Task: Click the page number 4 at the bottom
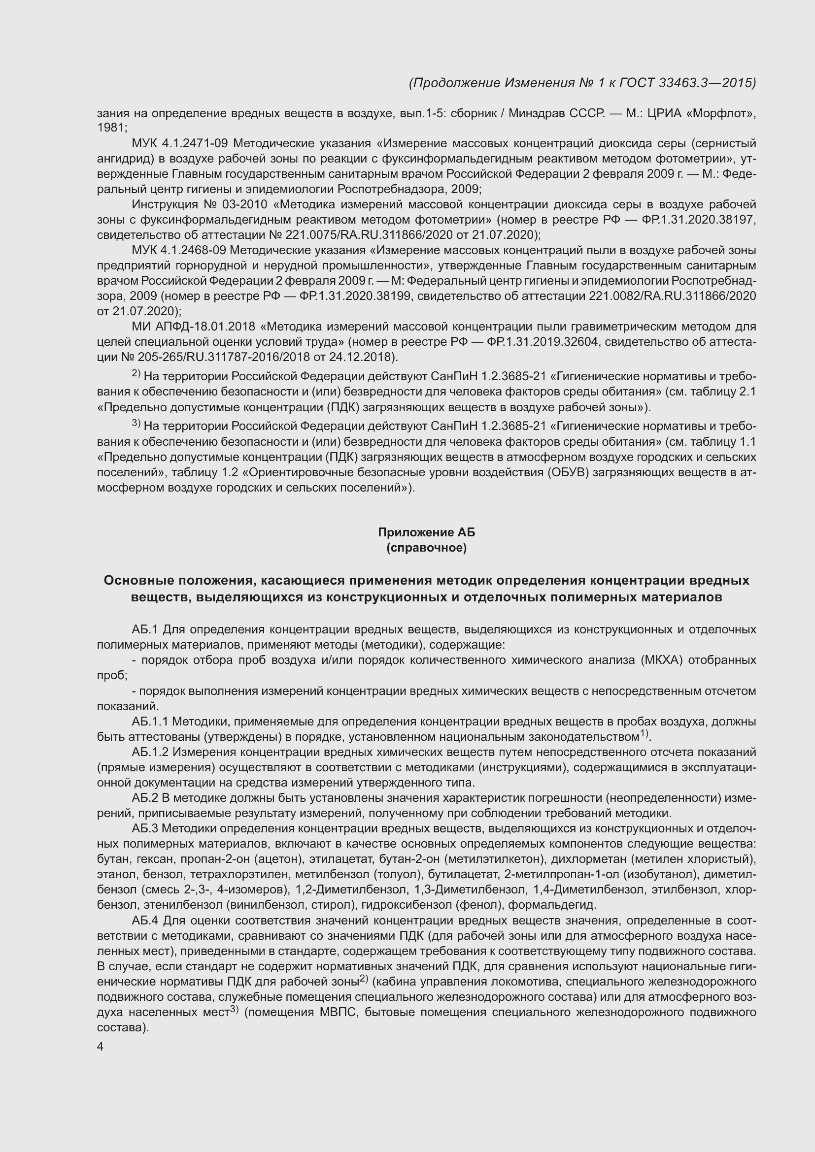tap(101, 1047)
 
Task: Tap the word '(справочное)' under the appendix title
tap(426, 548)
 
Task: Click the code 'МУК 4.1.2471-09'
tap(180, 143)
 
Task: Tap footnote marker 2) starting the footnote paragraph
tap(136, 374)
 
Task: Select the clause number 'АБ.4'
tap(145, 921)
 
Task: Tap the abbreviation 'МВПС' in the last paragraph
tap(339, 1012)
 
